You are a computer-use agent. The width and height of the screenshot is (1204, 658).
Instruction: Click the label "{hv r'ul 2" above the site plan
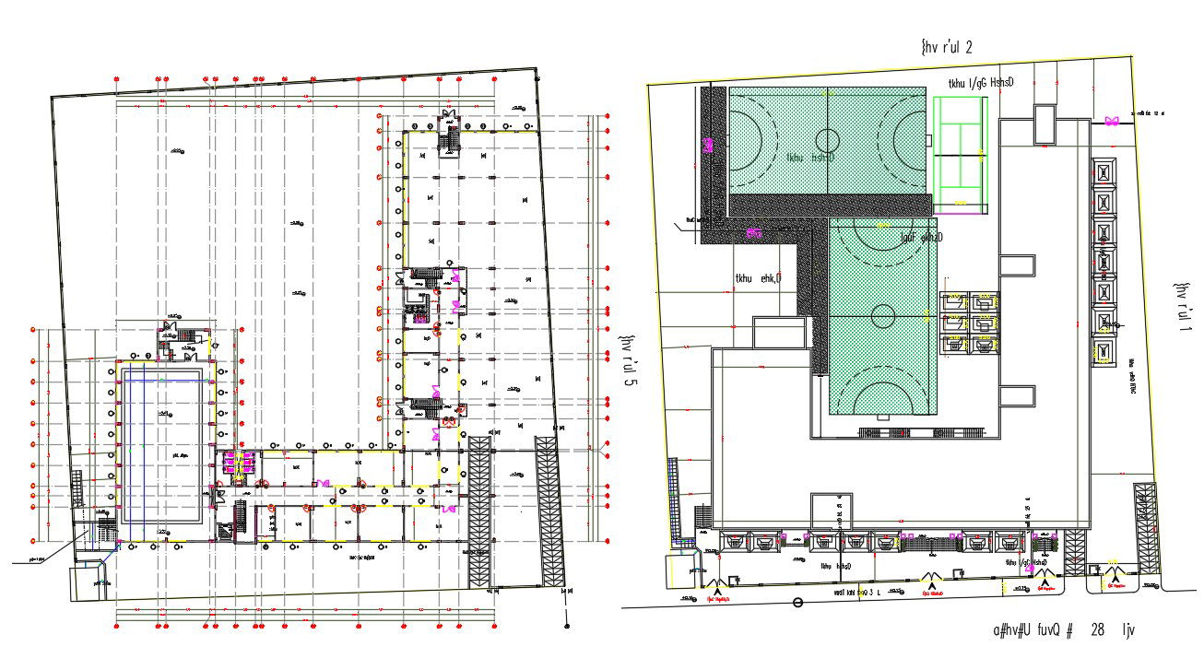tap(946, 47)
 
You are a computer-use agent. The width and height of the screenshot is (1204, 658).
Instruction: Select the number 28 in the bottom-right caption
tap(1097, 630)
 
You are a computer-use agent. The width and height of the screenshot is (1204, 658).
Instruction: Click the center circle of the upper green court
tap(828, 141)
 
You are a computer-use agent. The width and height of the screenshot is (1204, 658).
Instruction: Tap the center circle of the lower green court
tap(882, 316)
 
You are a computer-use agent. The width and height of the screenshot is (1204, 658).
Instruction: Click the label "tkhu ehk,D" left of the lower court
tap(758, 278)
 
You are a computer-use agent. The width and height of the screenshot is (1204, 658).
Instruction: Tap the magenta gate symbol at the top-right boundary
tap(1112, 121)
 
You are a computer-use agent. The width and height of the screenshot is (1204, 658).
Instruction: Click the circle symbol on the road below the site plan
tap(797, 603)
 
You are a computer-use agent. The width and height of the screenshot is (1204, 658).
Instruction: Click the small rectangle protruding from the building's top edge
tap(1044, 123)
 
